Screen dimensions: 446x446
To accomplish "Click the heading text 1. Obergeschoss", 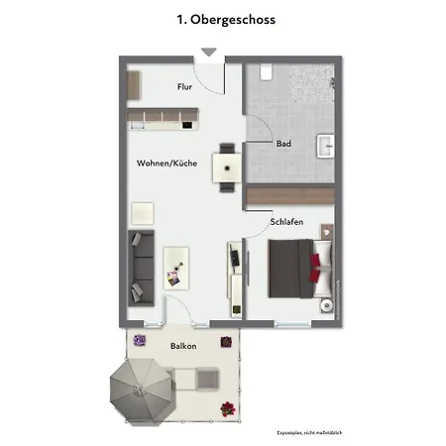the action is click(x=226, y=20).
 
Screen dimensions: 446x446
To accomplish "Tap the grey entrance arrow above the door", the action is click(x=209, y=52).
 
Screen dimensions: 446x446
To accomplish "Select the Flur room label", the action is click(x=184, y=86).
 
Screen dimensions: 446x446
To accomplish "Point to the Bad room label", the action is click(x=283, y=144).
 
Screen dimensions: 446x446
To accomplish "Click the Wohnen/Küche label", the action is click(x=167, y=163).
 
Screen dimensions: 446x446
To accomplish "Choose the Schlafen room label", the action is click(x=286, y=222).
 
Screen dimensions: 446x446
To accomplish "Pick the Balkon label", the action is click(x=183, y=346).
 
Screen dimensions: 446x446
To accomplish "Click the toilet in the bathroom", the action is click(x=266, y=72).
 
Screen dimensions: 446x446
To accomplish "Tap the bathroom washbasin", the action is click(x=326, y=146).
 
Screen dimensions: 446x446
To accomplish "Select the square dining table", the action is click(x=227, y=167).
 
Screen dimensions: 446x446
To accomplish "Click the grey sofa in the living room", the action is click(x=141, y=268).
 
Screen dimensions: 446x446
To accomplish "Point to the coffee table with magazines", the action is click(x=176, y=268).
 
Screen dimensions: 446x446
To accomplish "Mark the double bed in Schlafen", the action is click(x=300, y=269).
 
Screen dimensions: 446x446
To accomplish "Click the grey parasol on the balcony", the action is click(x=143, y=391).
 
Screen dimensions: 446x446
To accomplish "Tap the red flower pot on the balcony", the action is click(x=228, y=409).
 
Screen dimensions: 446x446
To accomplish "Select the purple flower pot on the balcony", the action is click(x=139, y=340).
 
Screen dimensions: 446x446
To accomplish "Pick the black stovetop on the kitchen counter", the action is click(x=187, y=125).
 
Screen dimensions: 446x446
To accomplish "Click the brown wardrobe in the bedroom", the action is click(x=290, y=195).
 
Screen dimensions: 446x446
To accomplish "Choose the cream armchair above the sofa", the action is click(x=143, y=213).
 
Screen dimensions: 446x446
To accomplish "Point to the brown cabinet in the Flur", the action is click(x=134, y=85).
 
